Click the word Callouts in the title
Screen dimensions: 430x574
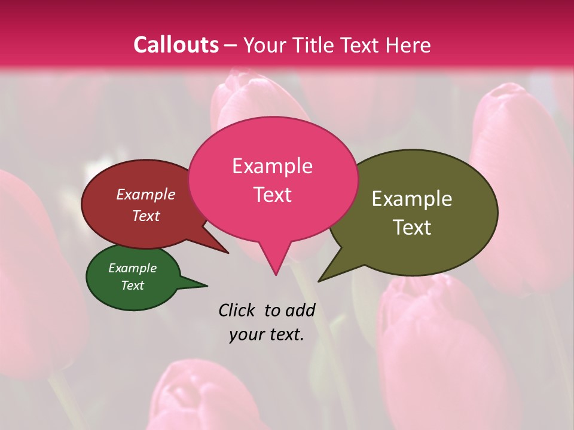click(x=176, y=45)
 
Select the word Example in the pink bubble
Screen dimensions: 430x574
click(x=272, y=166)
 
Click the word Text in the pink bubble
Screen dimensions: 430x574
click(x=272, y=195)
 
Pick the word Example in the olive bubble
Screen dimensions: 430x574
click(x=412, y=199)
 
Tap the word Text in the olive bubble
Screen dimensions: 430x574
click(x=412, y=228)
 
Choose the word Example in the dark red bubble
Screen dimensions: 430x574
click(x=145, y=194)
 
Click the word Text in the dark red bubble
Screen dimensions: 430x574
click(x=145, y=216)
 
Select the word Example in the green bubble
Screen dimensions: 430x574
click(x=132, y=268)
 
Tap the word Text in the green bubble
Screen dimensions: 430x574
click(x=132, y=285)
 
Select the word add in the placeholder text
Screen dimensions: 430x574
click(x=300, y=310)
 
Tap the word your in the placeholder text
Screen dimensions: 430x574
click(x=245, y=334)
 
